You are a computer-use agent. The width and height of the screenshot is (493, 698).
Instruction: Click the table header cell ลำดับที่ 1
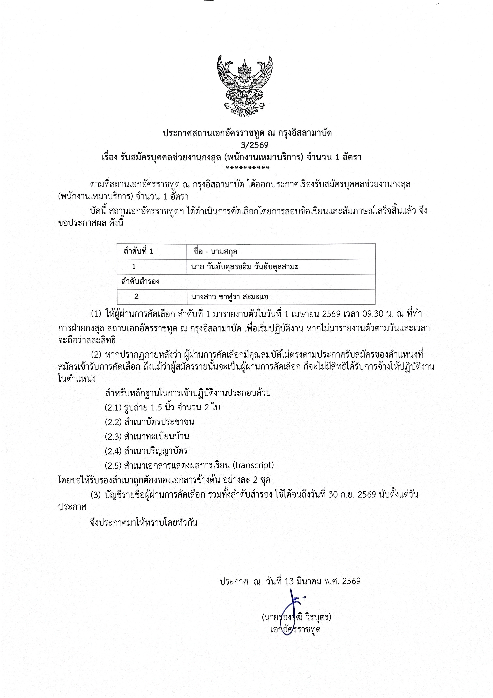point(138,251)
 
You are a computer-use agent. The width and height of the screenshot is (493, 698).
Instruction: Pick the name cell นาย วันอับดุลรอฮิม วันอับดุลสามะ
point(245,267)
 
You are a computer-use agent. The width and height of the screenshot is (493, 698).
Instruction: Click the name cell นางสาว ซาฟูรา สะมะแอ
point(230,296)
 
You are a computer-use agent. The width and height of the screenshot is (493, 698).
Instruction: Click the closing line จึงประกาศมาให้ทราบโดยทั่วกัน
point(144,523)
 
